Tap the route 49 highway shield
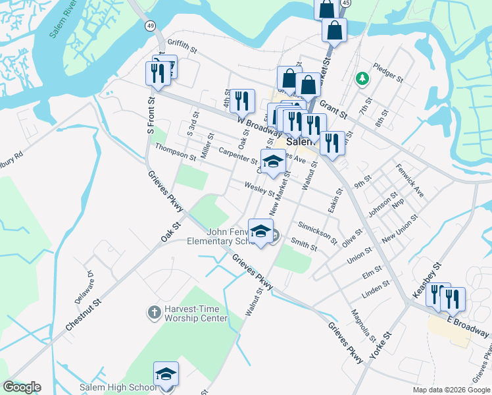point(151,26)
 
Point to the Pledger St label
point(387,72)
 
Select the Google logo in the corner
point(22,387)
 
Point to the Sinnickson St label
point(317,232)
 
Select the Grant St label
point(334,109)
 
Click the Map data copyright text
point(451,390)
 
